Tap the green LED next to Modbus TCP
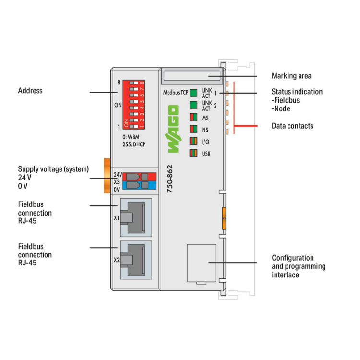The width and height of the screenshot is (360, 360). (193, 93)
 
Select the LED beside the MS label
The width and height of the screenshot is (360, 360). (193, 117)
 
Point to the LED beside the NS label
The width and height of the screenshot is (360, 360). (193, 129)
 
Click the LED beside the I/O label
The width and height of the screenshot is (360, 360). (193, 141)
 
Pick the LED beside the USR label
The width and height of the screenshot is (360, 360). (193, 153)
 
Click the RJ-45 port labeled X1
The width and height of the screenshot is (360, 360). (135, 217)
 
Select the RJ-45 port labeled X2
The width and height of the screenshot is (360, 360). (135, 260)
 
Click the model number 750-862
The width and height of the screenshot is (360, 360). (170, 179)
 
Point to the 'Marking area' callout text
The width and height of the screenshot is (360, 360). (291, 76)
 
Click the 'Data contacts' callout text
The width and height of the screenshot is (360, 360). (292, 126)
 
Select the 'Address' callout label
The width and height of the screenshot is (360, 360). (30, 90)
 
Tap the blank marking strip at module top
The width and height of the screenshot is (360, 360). (192, 75)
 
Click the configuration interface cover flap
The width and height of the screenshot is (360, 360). (201, 263)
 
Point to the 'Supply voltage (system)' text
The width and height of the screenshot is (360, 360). (53, 169)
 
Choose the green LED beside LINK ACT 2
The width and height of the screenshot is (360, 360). (193, 105)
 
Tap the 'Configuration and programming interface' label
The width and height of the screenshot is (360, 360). (299, 266)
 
